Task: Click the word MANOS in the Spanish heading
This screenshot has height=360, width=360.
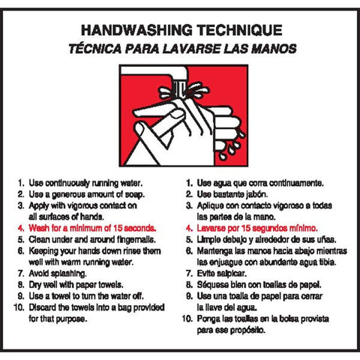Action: (271, 48)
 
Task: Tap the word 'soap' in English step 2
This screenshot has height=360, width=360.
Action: (133, 193)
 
